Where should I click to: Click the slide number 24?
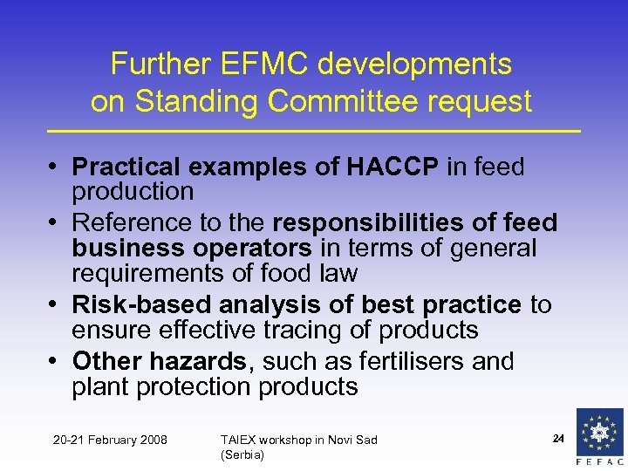pos(558,435)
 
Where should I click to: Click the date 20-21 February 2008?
pos(110,439)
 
